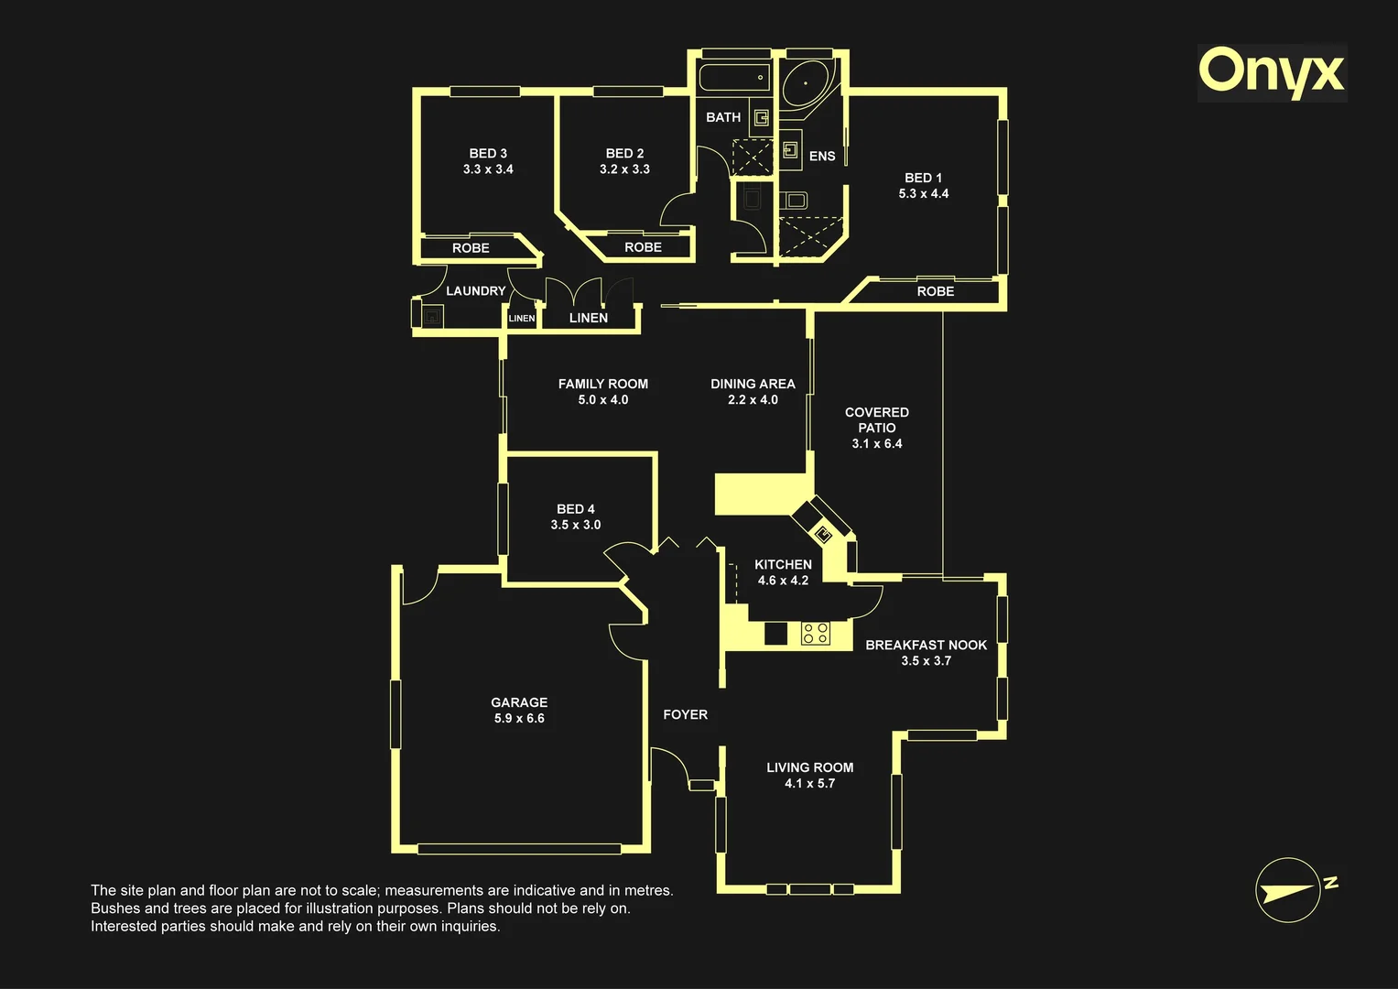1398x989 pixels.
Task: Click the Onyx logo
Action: (x=1272, y=73)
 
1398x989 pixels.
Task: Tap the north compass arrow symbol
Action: (x=1288, y=890)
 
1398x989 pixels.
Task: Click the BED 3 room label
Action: (x=488, y=153)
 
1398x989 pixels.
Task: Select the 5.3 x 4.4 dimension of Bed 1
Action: (x=923, y=193)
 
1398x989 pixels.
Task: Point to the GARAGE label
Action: (x=519, y=702)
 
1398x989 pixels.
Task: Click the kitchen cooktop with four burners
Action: (x=817, y=633)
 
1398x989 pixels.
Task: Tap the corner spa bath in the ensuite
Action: (x=806, y=83)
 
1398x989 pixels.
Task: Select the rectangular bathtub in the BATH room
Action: (x=734, y=78)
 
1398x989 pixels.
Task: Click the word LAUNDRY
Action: (x=475, y=291)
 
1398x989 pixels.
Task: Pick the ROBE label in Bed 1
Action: (x=936, y=291)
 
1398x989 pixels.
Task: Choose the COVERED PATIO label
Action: (x=877, y=420)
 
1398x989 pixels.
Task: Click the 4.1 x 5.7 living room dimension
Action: (x=809, y=784)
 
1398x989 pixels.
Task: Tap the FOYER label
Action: (x=686, y=714)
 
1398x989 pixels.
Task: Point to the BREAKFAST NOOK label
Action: (x=927, y=645)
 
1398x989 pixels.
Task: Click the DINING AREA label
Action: (x=753, y=384)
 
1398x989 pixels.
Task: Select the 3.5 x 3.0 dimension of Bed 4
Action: (x=576, y=525)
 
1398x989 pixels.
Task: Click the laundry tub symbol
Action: (x=432, y=316)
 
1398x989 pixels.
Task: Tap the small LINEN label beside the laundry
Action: (x=522, y=319)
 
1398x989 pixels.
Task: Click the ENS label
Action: (x=822, y=156)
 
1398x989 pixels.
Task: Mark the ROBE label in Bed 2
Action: (x=643, y=247)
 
